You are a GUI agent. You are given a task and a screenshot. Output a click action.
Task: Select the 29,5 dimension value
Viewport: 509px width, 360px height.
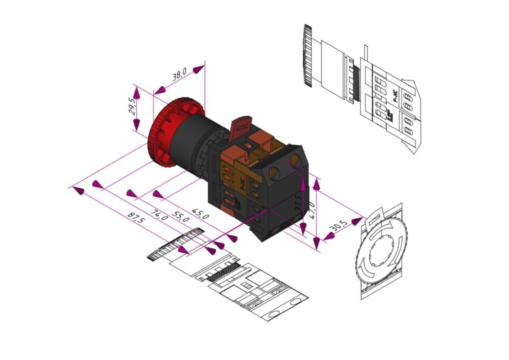pyautogui.click(x=132, y=107)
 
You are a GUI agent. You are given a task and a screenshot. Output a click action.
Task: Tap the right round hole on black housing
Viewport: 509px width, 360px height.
pyautogui.click(x=295, y=160)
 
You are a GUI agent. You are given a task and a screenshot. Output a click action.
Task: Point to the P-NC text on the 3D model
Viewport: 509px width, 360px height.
pyautogui.click(x=241, y=186)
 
